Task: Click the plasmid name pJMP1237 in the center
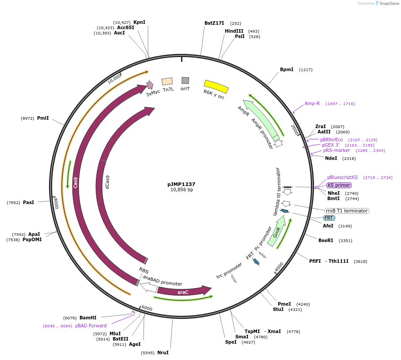point(181,184)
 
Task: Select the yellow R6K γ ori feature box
point(216,86)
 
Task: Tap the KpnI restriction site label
point(139,22)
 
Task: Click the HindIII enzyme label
point(234,31)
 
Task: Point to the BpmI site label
point(287,70)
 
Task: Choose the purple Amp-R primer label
point(312,104)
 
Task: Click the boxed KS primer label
point(338,185)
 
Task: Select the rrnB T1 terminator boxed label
point(347,211)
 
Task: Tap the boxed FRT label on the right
point(329,218)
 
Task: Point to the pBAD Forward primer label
point(91,326)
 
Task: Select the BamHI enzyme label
point(88,318)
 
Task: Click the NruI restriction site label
point(163,352)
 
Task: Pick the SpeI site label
point(231,342)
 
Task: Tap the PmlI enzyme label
point(43,118)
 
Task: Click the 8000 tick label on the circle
point(56,204)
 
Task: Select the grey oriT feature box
point(185,80)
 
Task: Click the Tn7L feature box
point(167,81)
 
